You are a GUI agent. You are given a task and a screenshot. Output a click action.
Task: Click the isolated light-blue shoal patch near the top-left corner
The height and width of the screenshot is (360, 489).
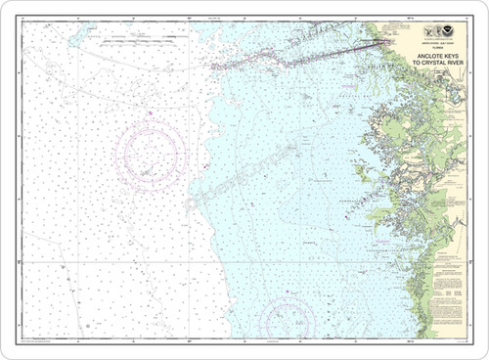(75, 38)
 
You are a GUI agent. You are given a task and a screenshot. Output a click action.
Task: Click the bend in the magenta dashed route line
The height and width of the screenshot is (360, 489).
(287, 62)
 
